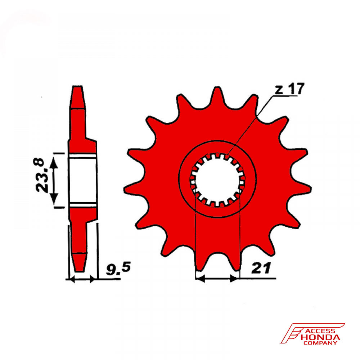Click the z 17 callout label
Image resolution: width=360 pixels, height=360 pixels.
click(289, 89)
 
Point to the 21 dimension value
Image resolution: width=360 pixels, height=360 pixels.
click(261, 268)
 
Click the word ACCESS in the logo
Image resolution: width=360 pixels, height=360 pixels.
click(321, 331)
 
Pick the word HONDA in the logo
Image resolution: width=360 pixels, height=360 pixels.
click(320, 337)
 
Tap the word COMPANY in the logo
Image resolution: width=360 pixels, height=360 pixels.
click(320, 343)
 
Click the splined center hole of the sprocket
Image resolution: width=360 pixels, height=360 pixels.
click(217, 180)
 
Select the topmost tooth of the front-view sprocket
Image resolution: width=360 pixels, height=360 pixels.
click(217, 96)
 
